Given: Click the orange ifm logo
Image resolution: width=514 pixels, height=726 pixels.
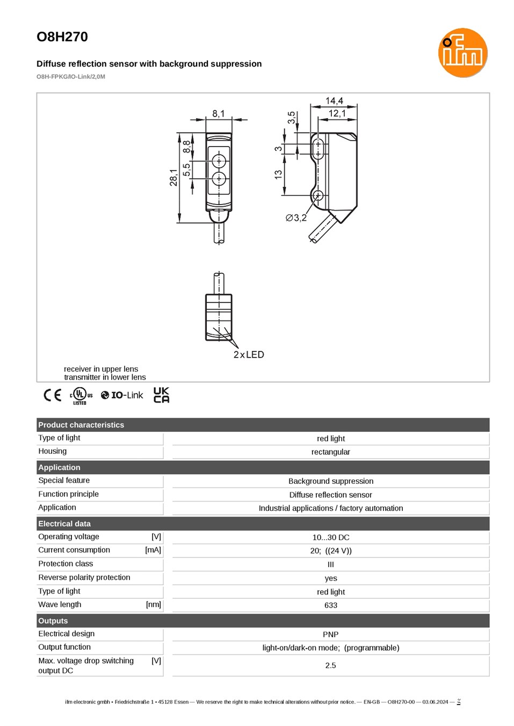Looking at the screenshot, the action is click(x=462, y=53).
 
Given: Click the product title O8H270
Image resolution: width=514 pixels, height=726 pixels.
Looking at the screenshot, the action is click(x=62, y=37).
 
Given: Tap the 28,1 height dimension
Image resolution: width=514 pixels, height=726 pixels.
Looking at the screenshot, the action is click(x=173, y=178).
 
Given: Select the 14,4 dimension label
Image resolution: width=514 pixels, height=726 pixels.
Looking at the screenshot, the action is click(x=334, y=101).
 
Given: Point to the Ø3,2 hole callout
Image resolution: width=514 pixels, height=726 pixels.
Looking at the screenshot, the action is click(x=296, y=218).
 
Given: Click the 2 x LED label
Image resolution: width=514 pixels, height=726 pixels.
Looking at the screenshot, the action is click(x=249, y=354).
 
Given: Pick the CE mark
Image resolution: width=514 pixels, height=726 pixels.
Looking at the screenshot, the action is click(x=53, y=395).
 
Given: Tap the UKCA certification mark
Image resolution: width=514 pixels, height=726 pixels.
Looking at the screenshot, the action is click(x=161, y=395).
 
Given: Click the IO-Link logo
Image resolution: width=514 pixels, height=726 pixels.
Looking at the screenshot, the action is click(x=122, y=395).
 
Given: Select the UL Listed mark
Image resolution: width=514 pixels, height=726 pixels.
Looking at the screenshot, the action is click(x=81, y=396).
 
